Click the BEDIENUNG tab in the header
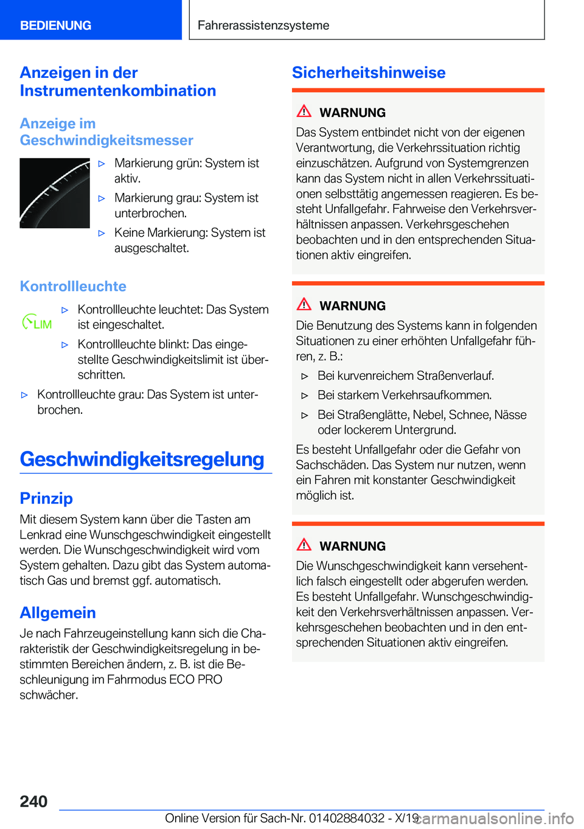[56, 26]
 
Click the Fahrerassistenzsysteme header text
[263, 26]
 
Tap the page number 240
[33, 801]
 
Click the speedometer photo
[55, 193]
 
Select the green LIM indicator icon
[37, 323]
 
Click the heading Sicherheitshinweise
[369, 72]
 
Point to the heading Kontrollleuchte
[73, 286]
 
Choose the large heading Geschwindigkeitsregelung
[142, 459]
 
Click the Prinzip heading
[46, 498]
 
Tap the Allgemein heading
[58, 612]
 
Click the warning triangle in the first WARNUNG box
[304, 111]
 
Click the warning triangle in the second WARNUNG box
[304, 304]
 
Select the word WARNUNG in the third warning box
[352, 546]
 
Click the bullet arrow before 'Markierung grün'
[102, 164]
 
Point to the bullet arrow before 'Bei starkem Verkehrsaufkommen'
[305, 396]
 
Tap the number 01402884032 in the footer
[347, 818]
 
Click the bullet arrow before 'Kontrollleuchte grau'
[25, 395]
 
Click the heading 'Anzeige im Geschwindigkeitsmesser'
[106, 132]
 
